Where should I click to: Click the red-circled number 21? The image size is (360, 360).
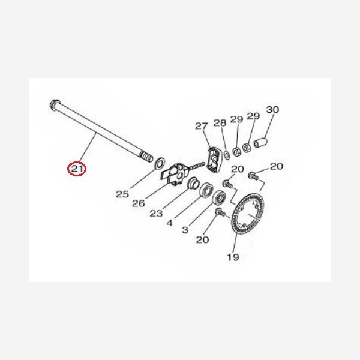[x=76, y=169]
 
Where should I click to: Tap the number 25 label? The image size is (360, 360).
[x=122, y=194]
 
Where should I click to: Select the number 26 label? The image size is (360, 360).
[x=139, y=203]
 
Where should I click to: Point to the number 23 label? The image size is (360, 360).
[x=156, y=214]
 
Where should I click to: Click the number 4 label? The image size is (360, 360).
[x=169, y=223]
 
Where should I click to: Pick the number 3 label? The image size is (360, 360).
[x=185, y=230]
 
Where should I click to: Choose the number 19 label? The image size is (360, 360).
[x=233, y=257]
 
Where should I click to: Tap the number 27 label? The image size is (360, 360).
[x=202, y=126]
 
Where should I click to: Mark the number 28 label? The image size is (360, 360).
[x=220, y=123]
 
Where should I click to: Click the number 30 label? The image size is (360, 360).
[x=272, y=110]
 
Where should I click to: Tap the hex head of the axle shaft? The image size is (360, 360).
[x=55, y=104]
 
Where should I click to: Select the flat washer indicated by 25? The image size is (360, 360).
[x=160, y=163]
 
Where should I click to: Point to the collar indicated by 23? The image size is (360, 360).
[x=193, y=182]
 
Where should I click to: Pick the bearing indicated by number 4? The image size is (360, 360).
[x=206, y=190]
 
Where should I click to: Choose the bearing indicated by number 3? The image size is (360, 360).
[x=219, y=197]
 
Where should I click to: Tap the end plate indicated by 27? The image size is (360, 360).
[x=214, y=160]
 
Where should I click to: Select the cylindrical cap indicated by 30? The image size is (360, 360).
[x=260, y=143]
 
